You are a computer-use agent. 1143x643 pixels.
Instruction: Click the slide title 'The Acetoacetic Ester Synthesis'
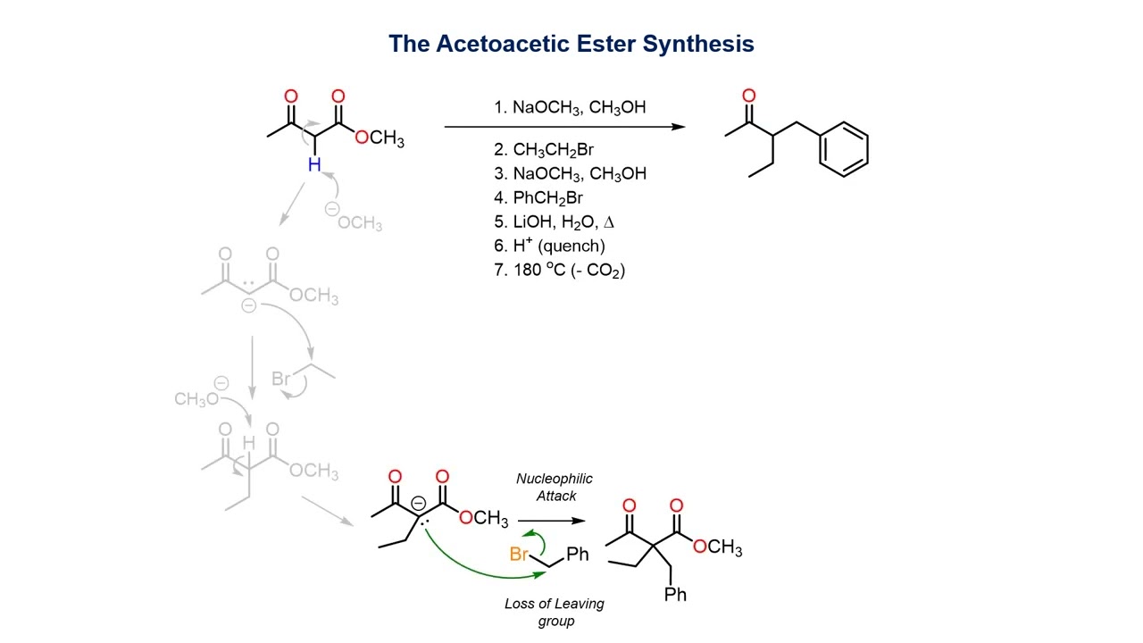[x=571, y=44]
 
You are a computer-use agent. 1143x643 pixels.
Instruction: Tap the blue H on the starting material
[x=314, y=164]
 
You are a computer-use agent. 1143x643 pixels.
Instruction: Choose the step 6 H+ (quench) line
[x=549, y=246]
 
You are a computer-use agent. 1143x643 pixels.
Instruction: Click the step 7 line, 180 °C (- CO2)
[x=560, y=270]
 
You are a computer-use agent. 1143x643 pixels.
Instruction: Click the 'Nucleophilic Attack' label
[x=554, y=488]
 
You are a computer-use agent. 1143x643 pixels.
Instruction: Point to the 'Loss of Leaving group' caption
[x=554, y=613]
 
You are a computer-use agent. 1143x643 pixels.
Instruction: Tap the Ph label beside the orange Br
[x=578, y=555]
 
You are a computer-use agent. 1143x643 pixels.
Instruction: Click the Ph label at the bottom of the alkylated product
[x=676, y=594]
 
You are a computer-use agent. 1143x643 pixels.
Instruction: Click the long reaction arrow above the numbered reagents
[x=564, y=127]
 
